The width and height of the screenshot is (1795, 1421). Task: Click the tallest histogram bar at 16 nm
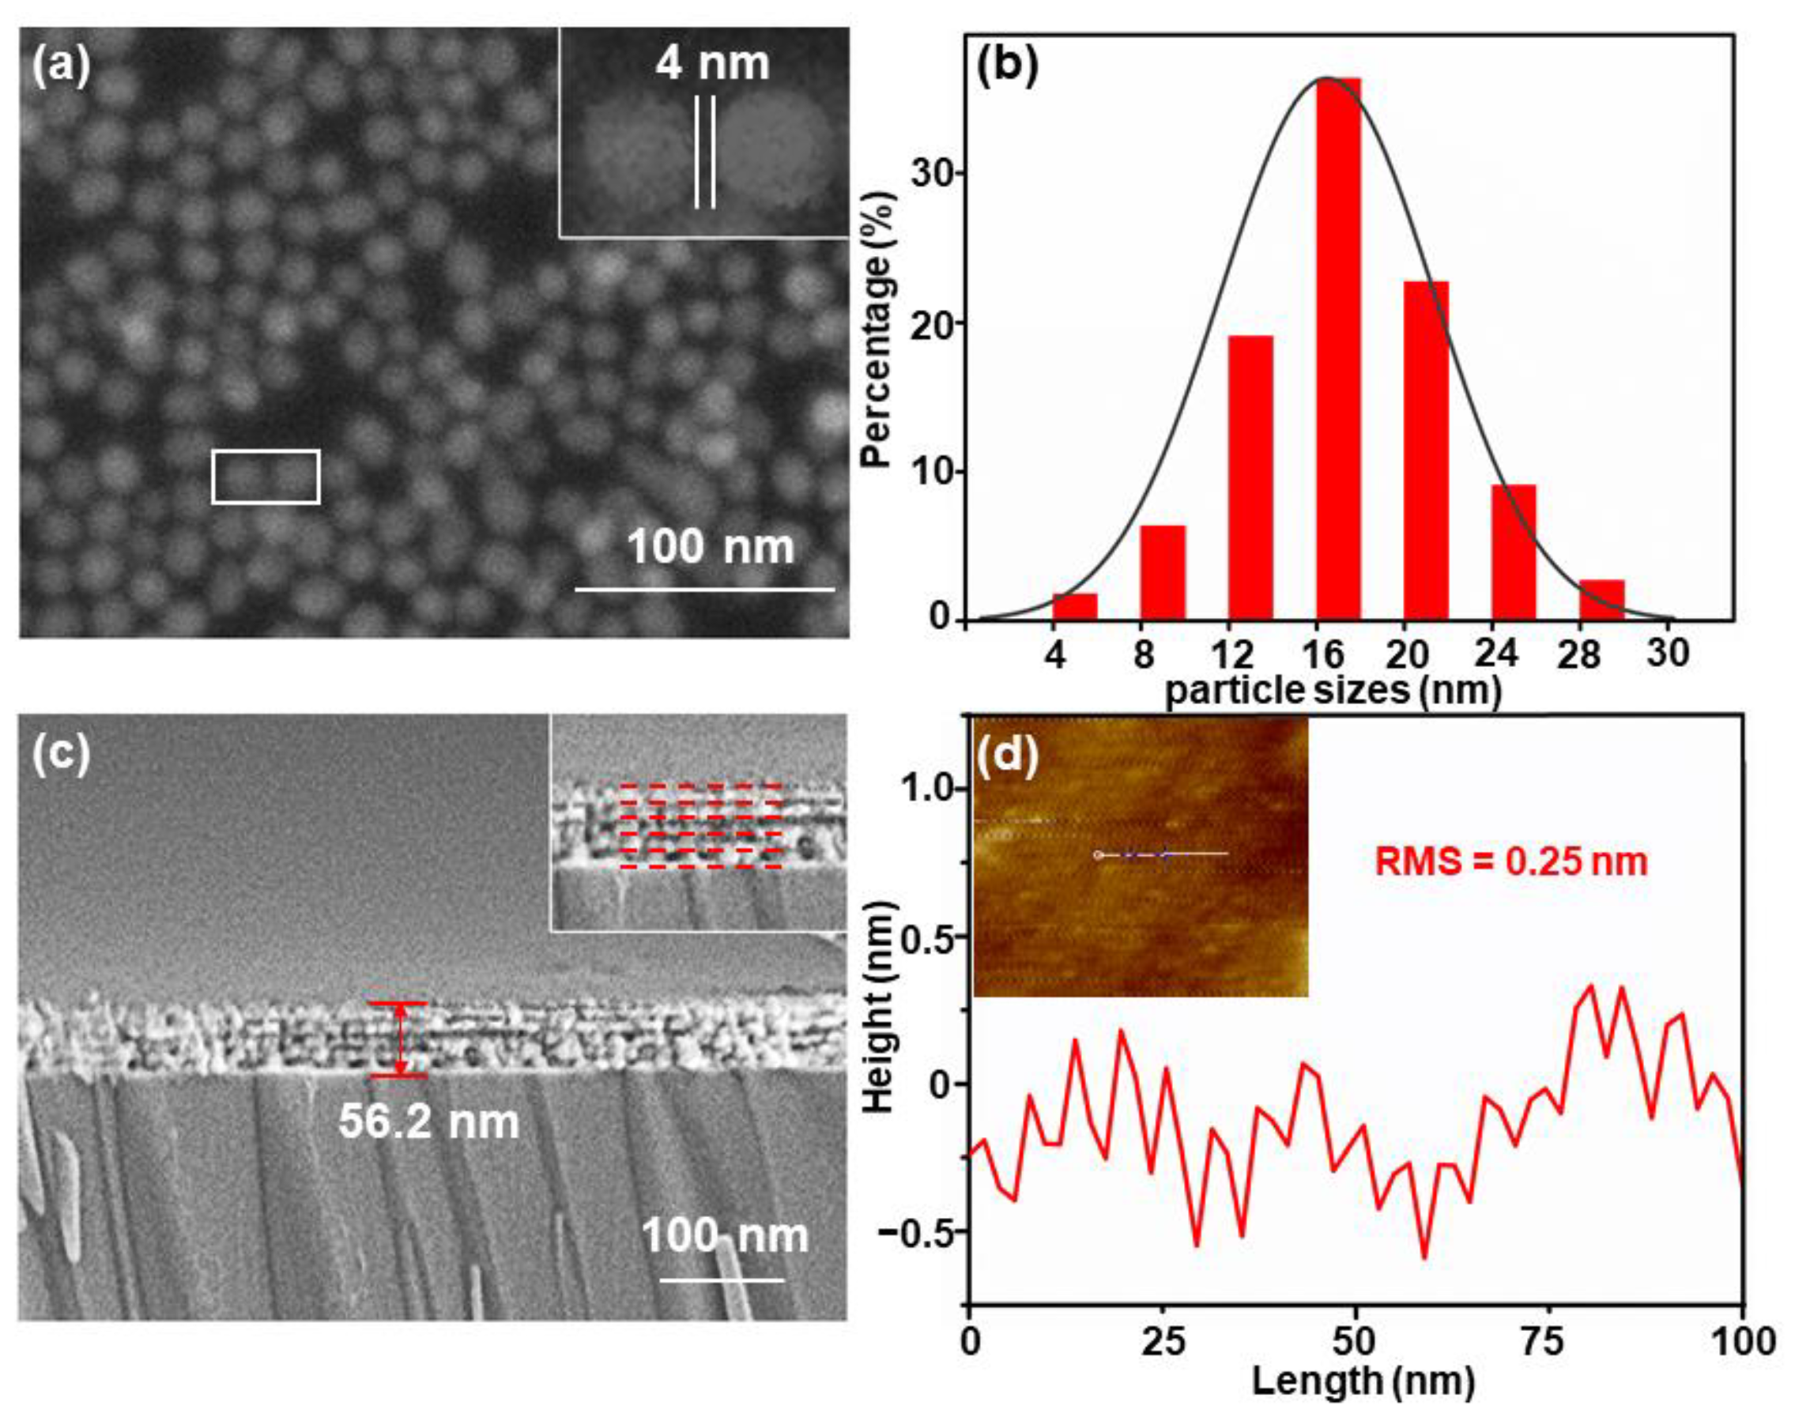coord(1337,349)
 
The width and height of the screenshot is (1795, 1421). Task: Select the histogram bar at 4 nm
coord(1074,606)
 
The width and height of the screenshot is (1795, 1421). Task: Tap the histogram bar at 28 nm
coord(1601,600)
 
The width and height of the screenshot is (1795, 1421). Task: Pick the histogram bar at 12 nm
coord(1250,478)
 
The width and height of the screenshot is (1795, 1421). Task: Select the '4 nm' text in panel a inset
coord(711,65)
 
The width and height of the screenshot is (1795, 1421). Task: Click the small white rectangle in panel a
coord(266,477)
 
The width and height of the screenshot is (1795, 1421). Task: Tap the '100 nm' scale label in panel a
coord(710,548)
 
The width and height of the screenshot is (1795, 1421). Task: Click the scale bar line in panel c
coord(722,1280)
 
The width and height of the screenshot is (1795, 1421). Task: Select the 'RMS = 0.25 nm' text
coord(1510,862)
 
